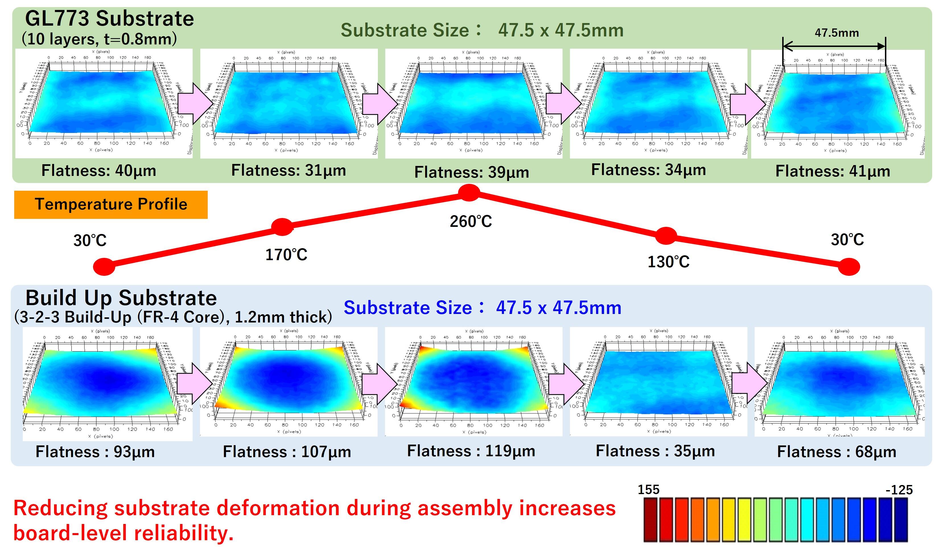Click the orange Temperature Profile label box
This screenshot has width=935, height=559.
pos(111,205)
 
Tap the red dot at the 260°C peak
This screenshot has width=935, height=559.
pos(469,193)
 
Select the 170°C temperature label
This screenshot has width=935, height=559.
pos(286,255)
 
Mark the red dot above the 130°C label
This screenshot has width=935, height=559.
pos(666,236)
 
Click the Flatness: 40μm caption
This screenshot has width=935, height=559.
pos(99,171)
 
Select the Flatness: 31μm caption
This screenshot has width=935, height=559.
pos(289,170)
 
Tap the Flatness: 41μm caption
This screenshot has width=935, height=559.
pos(833,171)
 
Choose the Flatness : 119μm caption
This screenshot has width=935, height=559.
pos(471,451)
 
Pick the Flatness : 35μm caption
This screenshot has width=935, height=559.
pos(655,451)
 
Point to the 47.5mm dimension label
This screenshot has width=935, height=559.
pos(837,33)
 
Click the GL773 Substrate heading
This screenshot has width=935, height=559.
pos(109,19)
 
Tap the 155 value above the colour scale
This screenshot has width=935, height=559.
pos(648,490)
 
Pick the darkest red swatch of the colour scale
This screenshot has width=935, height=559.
pos(650,520)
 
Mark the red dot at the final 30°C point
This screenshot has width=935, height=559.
pos(849,267)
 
